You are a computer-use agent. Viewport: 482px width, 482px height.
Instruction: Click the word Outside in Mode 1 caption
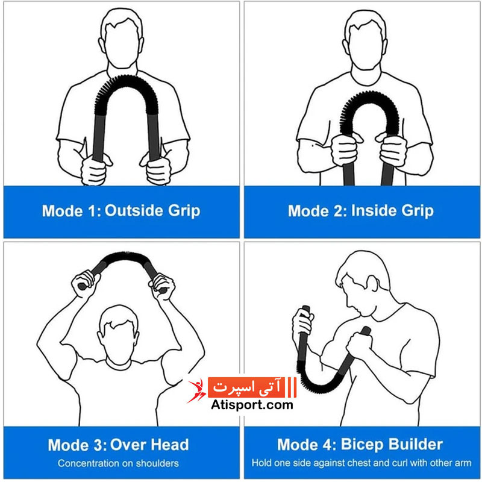pos(134,210)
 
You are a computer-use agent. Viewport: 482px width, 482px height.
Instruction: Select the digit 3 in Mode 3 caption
pos(98,445)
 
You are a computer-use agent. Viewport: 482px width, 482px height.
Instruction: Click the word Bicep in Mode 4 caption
pos(361,445)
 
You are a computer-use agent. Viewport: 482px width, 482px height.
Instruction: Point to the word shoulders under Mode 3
pos(157,463)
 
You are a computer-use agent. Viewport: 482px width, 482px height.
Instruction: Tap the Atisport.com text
pos(252,404)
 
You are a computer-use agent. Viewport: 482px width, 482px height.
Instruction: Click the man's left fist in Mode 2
pos(393,149)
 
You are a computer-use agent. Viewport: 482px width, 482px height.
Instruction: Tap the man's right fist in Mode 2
pos(345,149)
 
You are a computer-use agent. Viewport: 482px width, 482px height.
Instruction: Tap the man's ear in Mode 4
pos(373,283)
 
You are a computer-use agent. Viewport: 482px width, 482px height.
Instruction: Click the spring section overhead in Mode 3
pos(125,257)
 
